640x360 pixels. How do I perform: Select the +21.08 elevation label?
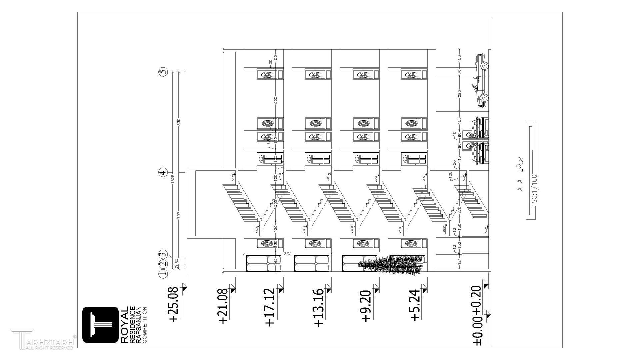223,306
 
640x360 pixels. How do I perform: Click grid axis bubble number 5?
163,72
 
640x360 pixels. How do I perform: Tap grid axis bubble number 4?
163,172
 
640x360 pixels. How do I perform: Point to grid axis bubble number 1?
163,274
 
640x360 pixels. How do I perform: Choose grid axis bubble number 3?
163,254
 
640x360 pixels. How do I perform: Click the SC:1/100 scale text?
534,189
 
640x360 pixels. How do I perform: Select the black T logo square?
100,325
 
